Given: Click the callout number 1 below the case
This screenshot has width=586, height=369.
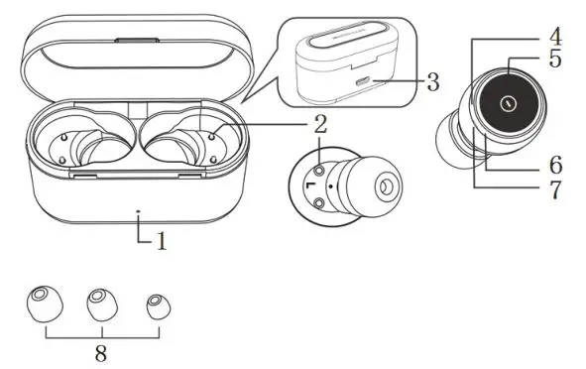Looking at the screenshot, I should coord(161,239).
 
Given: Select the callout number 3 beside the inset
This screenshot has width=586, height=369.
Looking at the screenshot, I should coord(431,81).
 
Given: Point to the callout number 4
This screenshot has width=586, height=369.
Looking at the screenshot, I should coord(555,37).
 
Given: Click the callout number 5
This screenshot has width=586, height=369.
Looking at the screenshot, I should coord(555,60).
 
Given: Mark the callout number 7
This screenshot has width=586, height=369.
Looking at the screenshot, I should coord(555,188).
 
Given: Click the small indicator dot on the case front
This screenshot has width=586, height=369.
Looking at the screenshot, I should coord(138,211).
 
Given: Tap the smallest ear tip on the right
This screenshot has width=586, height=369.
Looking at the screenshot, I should coord(155,306).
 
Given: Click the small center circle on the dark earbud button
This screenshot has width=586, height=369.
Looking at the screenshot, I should coord(508,102).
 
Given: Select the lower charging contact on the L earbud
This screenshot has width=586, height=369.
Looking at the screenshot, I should coord(321,203).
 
